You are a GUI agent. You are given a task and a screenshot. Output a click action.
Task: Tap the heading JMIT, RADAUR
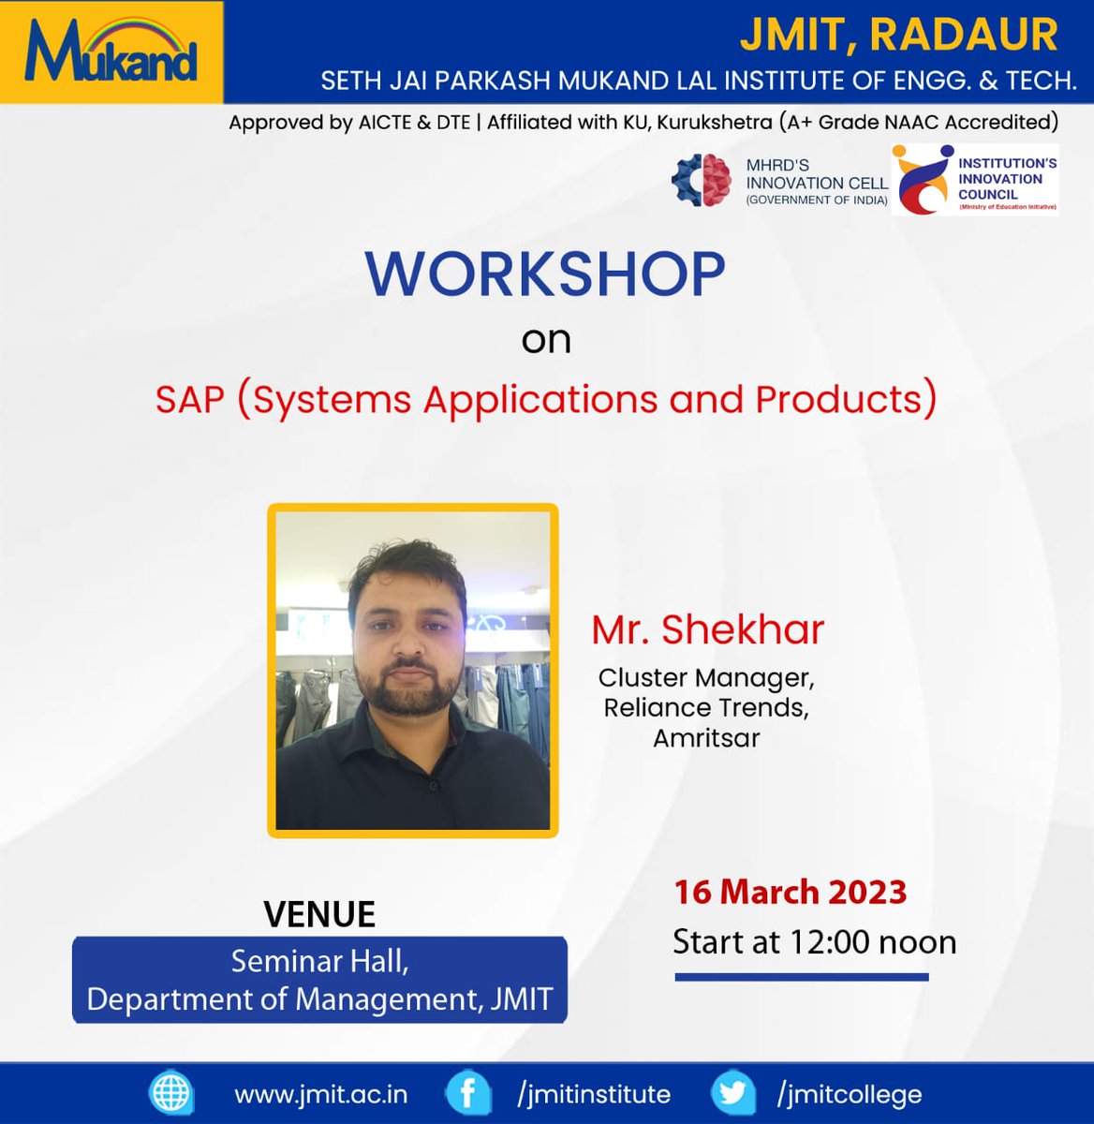[x=898, y=36]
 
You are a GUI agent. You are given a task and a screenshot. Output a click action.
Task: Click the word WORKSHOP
[x=545, y=274]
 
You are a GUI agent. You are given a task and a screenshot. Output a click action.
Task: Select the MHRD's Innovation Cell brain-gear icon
[x=702, y=179]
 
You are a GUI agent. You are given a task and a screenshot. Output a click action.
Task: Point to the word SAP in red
[x=190, y=400]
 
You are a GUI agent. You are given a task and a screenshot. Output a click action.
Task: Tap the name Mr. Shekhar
[x=707, y=629]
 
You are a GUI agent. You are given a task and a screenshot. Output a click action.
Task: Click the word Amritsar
[x=706, y=738]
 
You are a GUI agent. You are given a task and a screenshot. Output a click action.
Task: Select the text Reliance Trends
[x=706, y=707]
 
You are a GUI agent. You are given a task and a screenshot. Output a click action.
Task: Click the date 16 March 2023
[x=791, y=892]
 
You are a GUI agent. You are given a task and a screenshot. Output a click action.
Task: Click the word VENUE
[x=319, y=914]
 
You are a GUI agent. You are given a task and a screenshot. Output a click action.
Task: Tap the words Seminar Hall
[x=319, y=961]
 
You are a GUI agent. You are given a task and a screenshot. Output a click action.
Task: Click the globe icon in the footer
[x=171, y=1093]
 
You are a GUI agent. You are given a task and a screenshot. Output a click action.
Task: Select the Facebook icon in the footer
[x=466, y=1093]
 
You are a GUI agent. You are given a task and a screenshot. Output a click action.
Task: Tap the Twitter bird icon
[x=732, y=1093]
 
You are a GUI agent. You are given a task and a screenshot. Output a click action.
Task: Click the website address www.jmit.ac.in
[x=320, y=1094]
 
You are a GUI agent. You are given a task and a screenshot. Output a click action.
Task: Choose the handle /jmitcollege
[x=849, y=1094]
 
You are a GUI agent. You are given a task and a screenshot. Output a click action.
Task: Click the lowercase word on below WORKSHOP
[x=546, y=339]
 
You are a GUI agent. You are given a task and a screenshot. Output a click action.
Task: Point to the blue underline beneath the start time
[x=802, y=977]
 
